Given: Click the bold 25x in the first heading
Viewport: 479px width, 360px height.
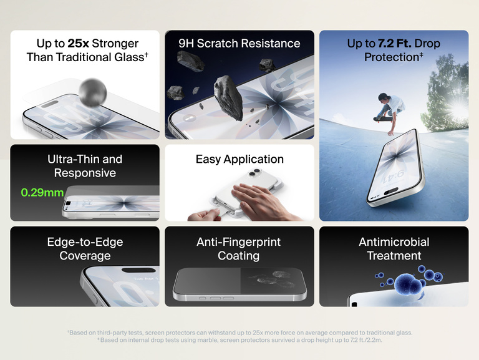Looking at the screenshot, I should [x=78, y=44].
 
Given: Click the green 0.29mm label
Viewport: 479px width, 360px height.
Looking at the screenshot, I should [x=42, y=192].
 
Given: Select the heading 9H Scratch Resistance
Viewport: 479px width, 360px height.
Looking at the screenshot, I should [x=239, y=44].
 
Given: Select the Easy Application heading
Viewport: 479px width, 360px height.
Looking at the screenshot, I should [x=239, y=159].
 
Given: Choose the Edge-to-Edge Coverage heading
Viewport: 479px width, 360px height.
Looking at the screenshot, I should [x=85, y=248].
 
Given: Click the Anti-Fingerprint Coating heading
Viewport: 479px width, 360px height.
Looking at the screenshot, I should [x=239, y=248].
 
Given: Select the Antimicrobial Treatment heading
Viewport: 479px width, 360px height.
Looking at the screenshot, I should [x=394, y=248].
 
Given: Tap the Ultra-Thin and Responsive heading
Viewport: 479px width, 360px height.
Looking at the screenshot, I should [x=85, y=166].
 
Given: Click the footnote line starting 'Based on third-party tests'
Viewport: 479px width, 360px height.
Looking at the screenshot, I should [x=239, y=333].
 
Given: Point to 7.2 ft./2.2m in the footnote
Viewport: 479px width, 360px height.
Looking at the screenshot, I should [x=365, y=340].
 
